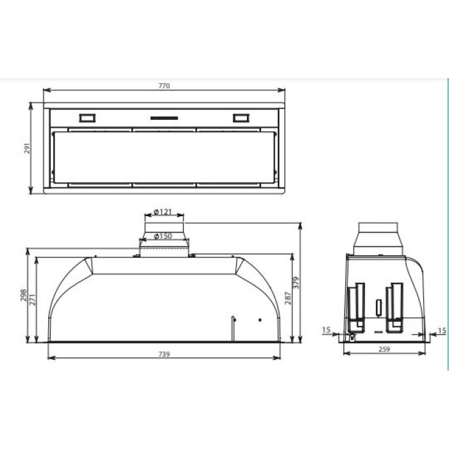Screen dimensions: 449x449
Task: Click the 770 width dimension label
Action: pos(164,86)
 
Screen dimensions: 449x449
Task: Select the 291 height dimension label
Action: pos(27,148)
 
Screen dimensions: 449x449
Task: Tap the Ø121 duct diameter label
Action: pos(163,212)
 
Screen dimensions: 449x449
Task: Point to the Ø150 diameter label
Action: pos(163,236)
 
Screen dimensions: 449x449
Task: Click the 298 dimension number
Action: pos(24,295)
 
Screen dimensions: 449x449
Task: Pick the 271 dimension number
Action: pos(33,300)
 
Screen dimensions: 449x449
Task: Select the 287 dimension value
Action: pos(288,298)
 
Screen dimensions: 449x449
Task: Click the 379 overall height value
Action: pos(296,283)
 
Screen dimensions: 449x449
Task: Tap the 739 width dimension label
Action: pos(164,354)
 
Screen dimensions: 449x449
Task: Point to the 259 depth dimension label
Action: pos(384,350)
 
